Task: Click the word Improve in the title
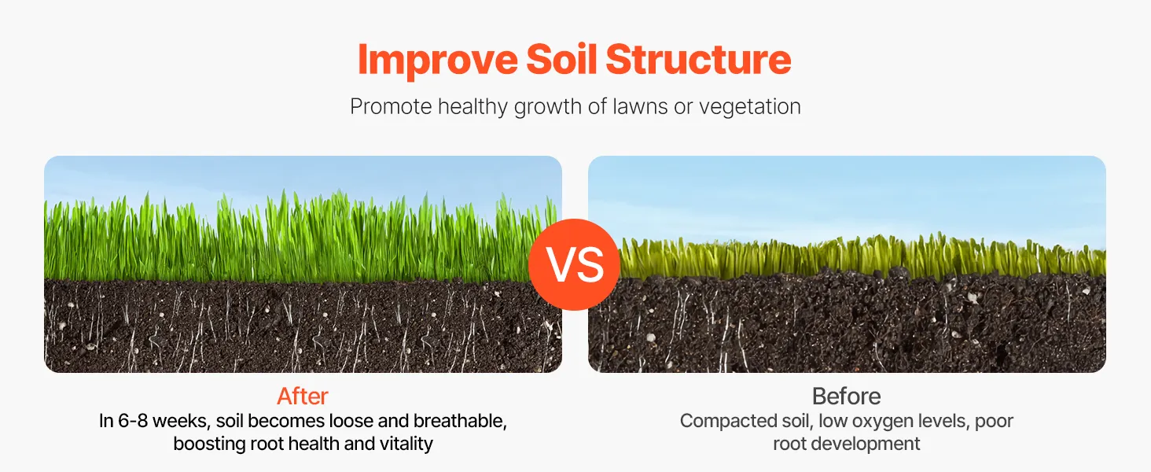coord(437,61)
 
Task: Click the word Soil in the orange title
coord(561,59)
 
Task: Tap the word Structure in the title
coord(698,59)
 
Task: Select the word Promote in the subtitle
coord(391,107)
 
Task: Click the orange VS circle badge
coord(574,264)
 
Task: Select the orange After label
coord(303,396)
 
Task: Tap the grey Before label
coord(846,396)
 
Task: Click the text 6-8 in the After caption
coord(133,421)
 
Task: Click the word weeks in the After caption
coord(181,421)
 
